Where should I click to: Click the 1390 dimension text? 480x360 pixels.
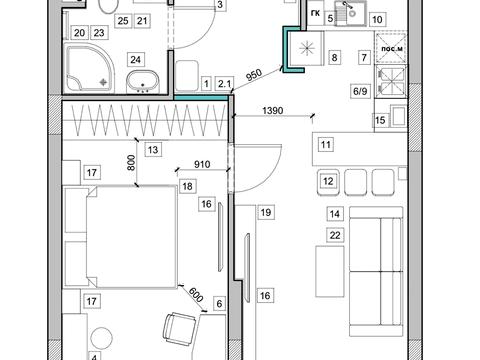point(273,110)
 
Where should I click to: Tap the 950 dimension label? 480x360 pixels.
point(254,75)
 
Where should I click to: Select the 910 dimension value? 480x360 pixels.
point(202,164)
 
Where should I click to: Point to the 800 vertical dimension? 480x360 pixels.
point(132,163)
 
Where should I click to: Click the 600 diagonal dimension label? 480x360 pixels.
point(196,295)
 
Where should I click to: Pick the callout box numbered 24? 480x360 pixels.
point(135,60)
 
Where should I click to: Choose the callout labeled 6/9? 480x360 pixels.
point(360,91)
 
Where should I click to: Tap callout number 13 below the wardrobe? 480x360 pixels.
point(153,149)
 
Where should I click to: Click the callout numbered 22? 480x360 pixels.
point(335,235)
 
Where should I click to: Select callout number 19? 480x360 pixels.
point(266,212)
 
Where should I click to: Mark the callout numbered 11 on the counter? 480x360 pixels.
point(326,145)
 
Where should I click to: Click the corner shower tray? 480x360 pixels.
point(90,68)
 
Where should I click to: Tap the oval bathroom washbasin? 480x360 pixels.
point(143,82)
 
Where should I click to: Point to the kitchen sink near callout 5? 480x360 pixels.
point(350,12)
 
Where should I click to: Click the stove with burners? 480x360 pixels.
point(391,82)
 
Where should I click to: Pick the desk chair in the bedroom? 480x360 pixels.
point(180,330)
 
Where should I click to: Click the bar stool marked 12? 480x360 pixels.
point(328,182)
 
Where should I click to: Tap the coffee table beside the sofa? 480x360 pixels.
point(330,271)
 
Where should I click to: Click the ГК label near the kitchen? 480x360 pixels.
point(315,13)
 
